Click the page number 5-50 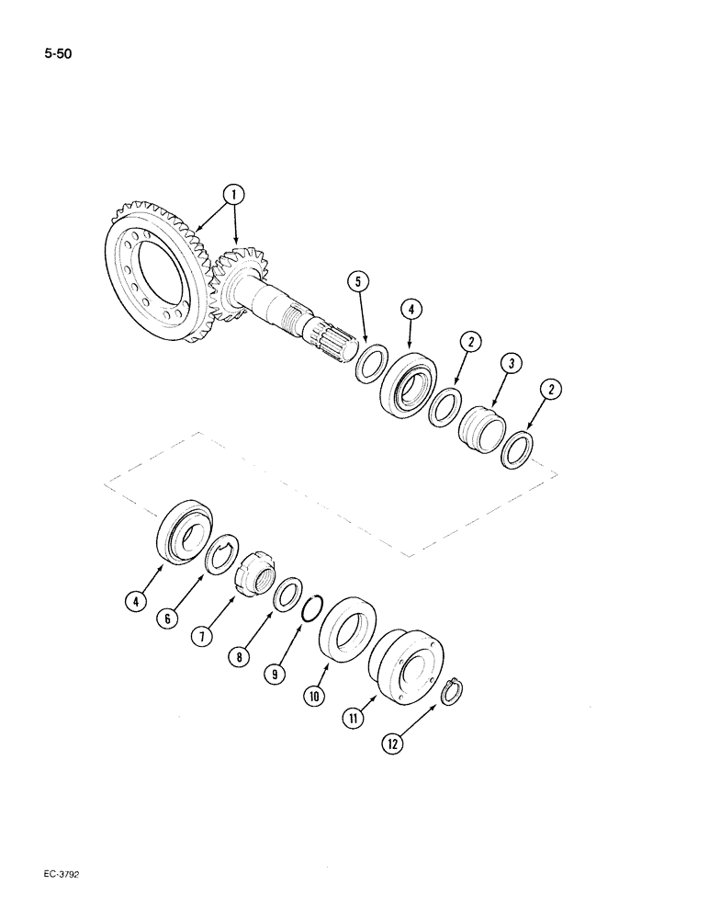57,53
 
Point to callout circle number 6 166,619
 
